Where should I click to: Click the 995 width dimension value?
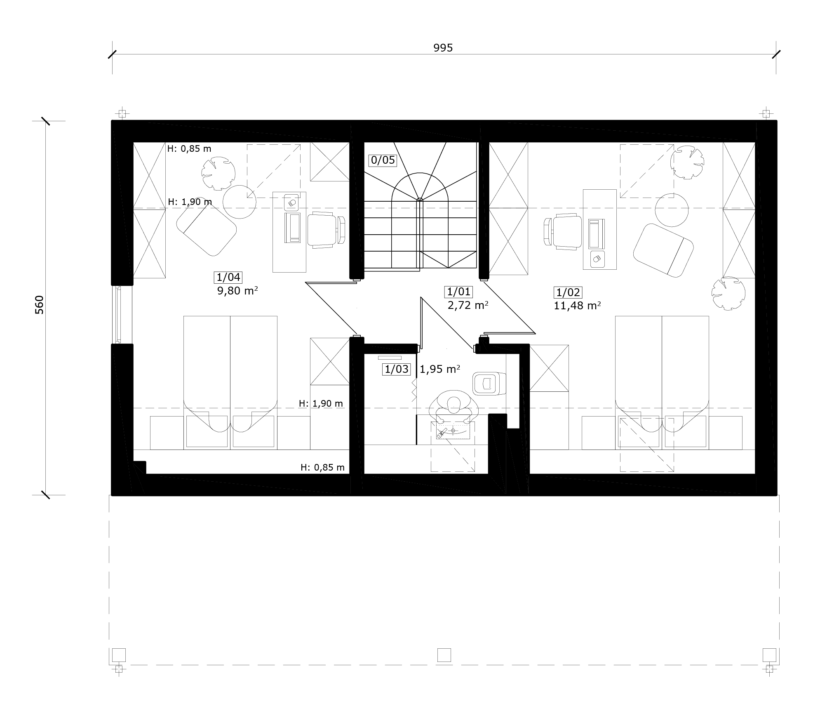coord(443,48)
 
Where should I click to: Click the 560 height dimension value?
coord(39,305)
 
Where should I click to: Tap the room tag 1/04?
coord(228,278)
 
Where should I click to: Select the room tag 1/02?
coord(568,293)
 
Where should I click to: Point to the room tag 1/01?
coord(458,292)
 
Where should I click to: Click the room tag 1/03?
coord(397,369)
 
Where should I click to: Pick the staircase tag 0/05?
coord(383,160)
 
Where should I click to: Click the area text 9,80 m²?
coord(237,291)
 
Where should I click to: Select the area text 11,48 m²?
coord(577,306)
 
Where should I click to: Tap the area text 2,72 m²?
coord(468,305)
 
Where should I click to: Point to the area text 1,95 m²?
coord(440,369)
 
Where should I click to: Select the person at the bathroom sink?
coord(453,406)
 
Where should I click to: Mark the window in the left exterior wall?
coord(118,314)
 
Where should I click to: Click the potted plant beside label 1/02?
coord(728,293)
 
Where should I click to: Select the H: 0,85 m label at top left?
coord(189,148)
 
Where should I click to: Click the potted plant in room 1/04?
coord(218,173)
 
